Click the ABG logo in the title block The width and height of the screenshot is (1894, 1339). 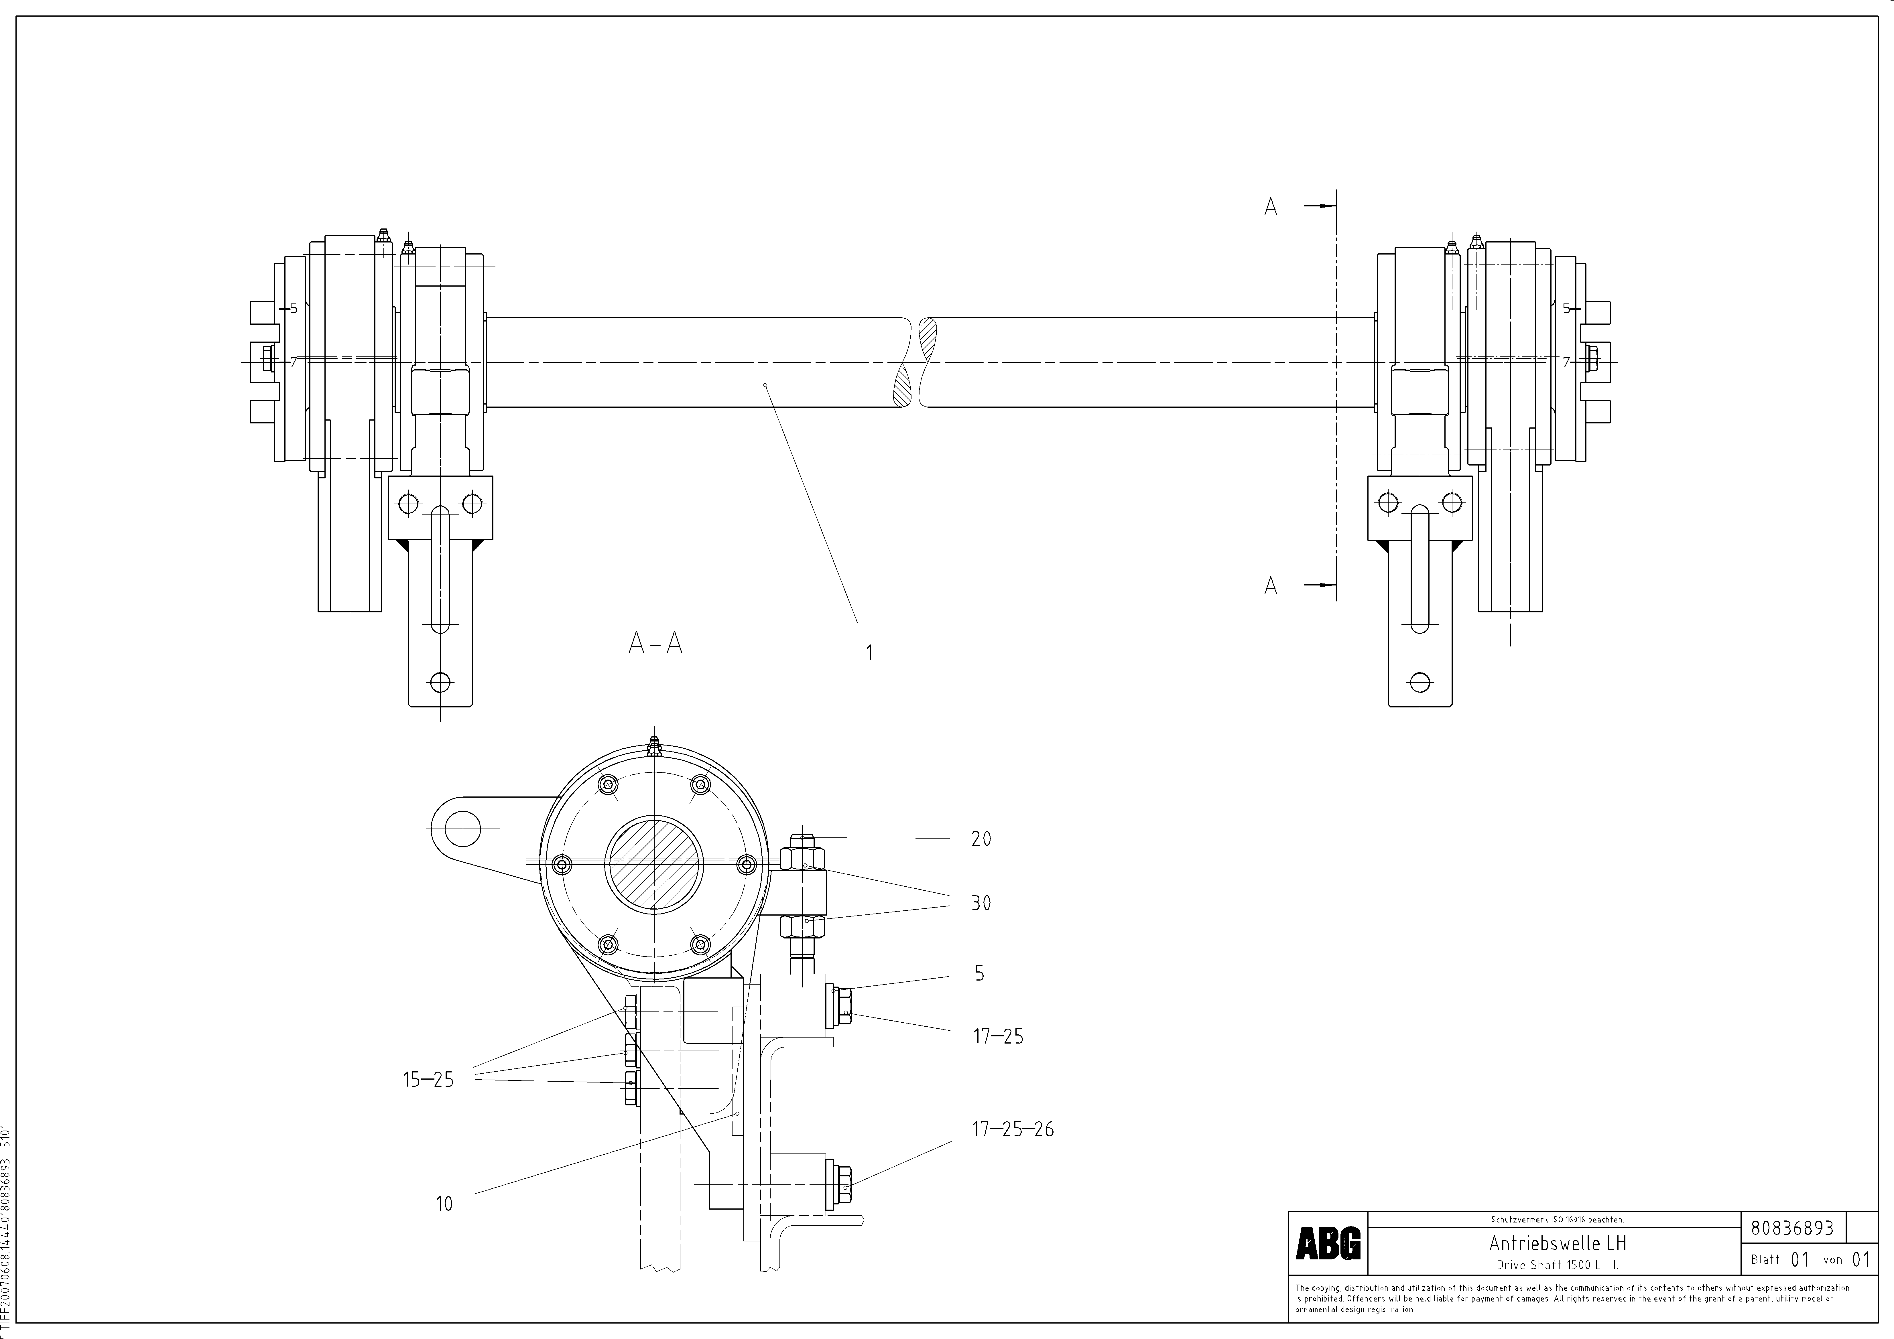pyautogui.click(x=1327, y=1243)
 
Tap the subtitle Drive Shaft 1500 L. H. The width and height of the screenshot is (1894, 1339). pyautogui.click(x=1557, y=1265)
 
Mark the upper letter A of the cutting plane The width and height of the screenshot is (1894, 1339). pyautogui.click(x=1270, y=207)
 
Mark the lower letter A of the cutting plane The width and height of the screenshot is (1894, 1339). pyautogui.click(x=1270, y=585)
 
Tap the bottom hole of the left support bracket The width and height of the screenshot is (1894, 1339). pyautogui.click(x=440, y=683)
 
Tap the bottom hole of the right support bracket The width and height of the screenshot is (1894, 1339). pyautogui.click(x=1420, y=683)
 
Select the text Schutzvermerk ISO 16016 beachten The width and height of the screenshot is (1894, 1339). pyautogui.click(x=1557, y=1219)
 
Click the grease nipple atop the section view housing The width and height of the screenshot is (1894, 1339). pyautogui.click(x=653, y=745)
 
